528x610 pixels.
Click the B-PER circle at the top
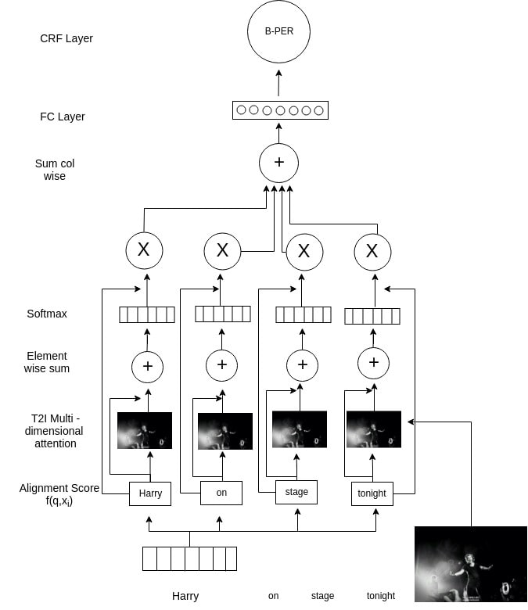coord(278,32)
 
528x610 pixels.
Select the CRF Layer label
coord(66,38)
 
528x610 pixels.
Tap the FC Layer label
coord(63,117)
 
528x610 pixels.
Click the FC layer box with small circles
coord(280,110)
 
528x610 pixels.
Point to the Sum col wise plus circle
coord(278,163)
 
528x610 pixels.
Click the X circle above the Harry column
coord(144,250)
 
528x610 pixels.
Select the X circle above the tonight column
coord(372,251)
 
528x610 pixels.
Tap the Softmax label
coord(47,314)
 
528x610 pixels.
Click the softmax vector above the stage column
coord(304,314)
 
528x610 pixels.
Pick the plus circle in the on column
coord(221,364)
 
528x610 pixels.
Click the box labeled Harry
coord(150,493)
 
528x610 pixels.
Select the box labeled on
coord(221,493)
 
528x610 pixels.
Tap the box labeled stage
coord(296,492)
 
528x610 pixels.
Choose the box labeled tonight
coord(372,493)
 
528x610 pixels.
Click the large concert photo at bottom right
coord(471,564)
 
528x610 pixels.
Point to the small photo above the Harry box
coord(145,430)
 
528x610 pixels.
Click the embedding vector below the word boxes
coord(189,558)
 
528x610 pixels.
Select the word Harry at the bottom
coord(185,596)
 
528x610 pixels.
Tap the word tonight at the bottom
coord(381,596)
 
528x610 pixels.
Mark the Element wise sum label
coord(47,362)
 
